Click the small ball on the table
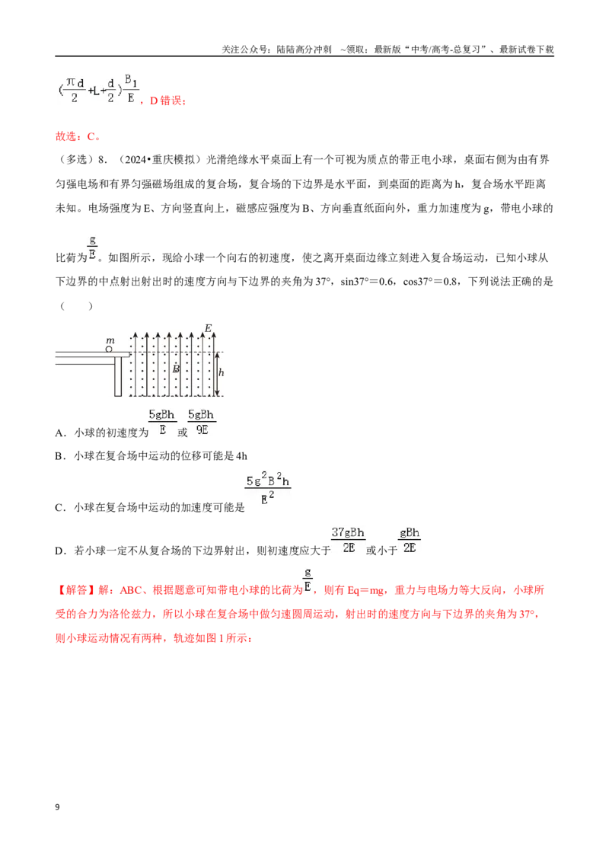coord(109,349)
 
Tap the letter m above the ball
coord(110,340)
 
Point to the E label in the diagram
coord(208,328)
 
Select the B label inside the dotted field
coord(176,369)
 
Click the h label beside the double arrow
coord(221,372)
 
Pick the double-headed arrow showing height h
coord(216,374)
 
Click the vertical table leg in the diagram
coord(118,377)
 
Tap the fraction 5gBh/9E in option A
coord(201,422)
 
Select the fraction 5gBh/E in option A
coord(162,422)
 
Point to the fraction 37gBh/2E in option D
coord(348,540)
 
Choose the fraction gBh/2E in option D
coord(410,540)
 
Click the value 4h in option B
coord(241,455)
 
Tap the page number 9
coord(57,807)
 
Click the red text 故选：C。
coord(78,136)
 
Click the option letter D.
coord(59,551)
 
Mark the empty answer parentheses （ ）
coord(76,305)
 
